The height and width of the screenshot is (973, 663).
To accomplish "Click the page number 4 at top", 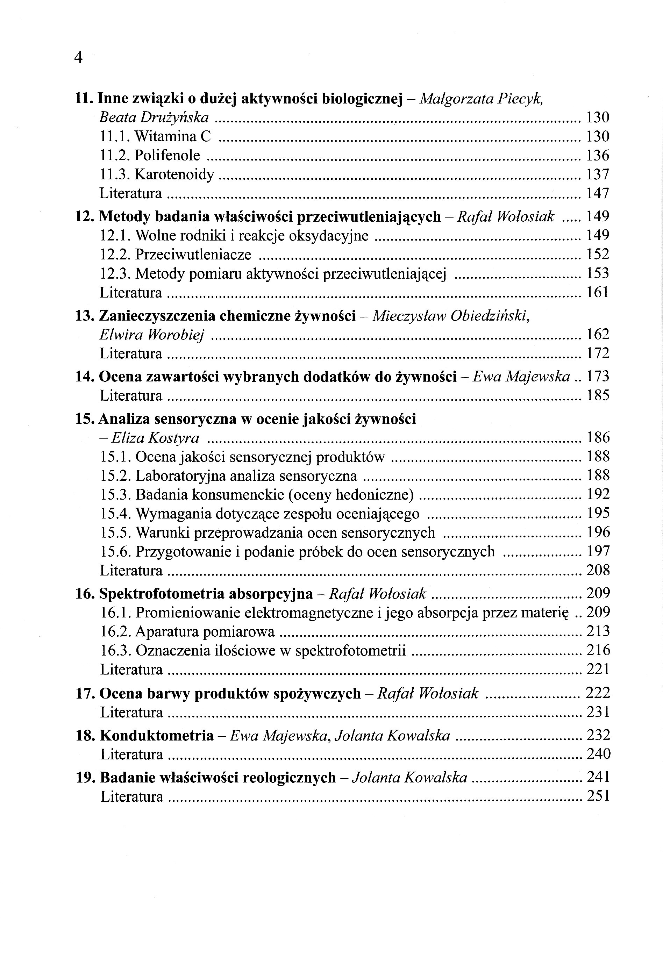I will (78, 58).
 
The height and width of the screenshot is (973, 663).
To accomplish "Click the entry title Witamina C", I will (172, 136).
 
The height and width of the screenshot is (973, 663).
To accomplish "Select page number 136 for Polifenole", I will (597, 155).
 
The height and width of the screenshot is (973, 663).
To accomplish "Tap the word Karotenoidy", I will (174, 174).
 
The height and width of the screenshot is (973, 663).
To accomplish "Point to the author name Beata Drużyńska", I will (154, 117).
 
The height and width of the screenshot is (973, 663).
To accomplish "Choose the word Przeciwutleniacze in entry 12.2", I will (193, 255).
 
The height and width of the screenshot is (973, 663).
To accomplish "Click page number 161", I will (597, 292).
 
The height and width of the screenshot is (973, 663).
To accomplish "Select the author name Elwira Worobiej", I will (152, 335).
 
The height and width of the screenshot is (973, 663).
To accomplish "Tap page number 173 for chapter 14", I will (598, 377).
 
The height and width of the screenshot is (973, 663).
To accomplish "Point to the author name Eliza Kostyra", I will (155, 438).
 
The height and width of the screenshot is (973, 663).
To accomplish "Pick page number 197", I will (598, 551).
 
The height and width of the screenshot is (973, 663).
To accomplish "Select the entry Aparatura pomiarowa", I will (205, 631).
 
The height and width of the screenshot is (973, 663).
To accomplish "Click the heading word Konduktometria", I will (157, 736).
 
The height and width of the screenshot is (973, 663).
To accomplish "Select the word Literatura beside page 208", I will (131, 571).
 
